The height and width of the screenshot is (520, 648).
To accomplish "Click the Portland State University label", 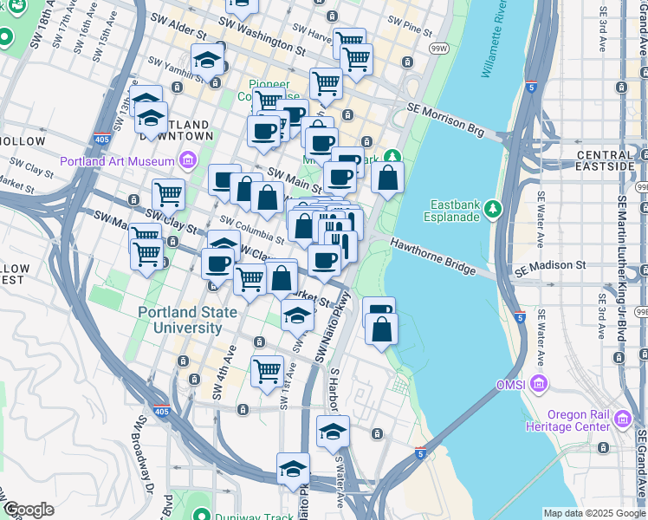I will tap(182, 320).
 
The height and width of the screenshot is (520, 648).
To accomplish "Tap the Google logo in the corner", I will tap(29, 510).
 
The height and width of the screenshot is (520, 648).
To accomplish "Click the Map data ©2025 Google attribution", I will tap(593, 513).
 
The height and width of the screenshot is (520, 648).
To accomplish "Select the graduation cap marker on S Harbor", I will tap(333, 431).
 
